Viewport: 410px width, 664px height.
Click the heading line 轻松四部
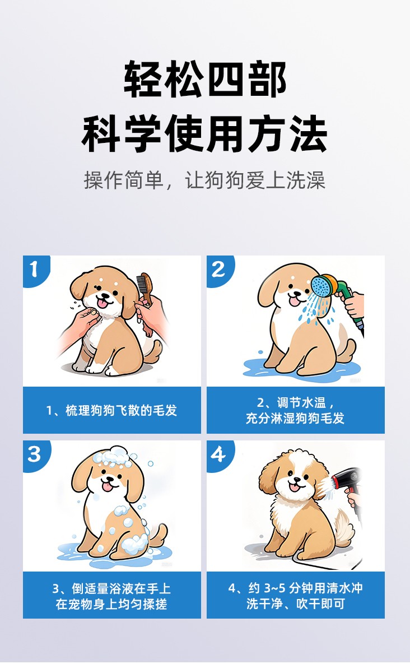tap(205, 79)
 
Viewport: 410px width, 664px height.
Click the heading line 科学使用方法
tap(205, 134)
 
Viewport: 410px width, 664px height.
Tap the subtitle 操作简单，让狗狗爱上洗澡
tap(205, 180)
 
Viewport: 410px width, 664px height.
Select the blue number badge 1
tap(35, 270)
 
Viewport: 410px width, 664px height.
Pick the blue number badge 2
tap(219, 270)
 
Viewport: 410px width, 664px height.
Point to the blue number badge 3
tap(35, 455)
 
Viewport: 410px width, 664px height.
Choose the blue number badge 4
tap(219, 455)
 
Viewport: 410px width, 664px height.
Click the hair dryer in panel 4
tap(346, 481)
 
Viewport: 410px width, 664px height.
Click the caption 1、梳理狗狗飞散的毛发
tap(111, 410)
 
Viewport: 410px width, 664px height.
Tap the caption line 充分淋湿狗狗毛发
tap(295, 419)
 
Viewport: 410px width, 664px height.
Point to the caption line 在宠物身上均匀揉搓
tap(111, 604)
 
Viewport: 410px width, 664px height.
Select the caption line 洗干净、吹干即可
tap(295, 604)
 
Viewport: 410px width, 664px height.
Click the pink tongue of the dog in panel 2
tap(295, 301)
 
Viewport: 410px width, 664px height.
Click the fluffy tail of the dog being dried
tap(344, 528)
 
